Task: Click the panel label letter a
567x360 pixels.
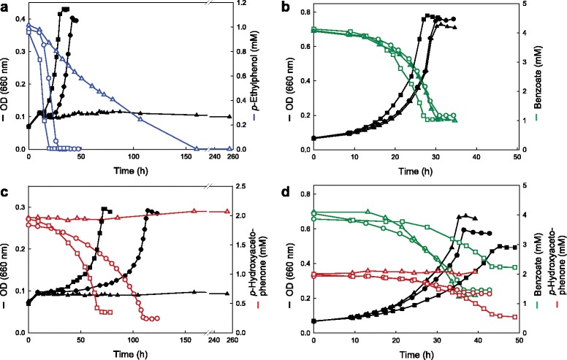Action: [5, 6]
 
